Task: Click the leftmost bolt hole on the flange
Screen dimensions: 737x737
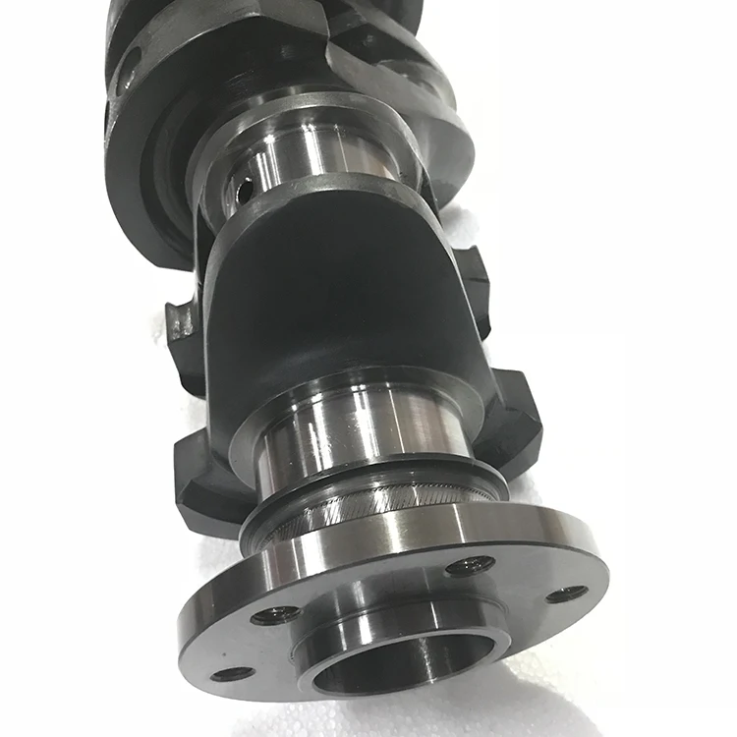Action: click(x=232, y=673)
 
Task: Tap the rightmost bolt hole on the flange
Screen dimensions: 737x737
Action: click(x=567, y=594)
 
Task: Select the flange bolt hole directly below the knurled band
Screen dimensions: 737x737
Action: click(x=470, y=566)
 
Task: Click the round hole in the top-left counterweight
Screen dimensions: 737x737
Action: click(x=126, y=74)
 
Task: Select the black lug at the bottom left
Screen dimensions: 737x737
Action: click(x=201, y=482)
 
